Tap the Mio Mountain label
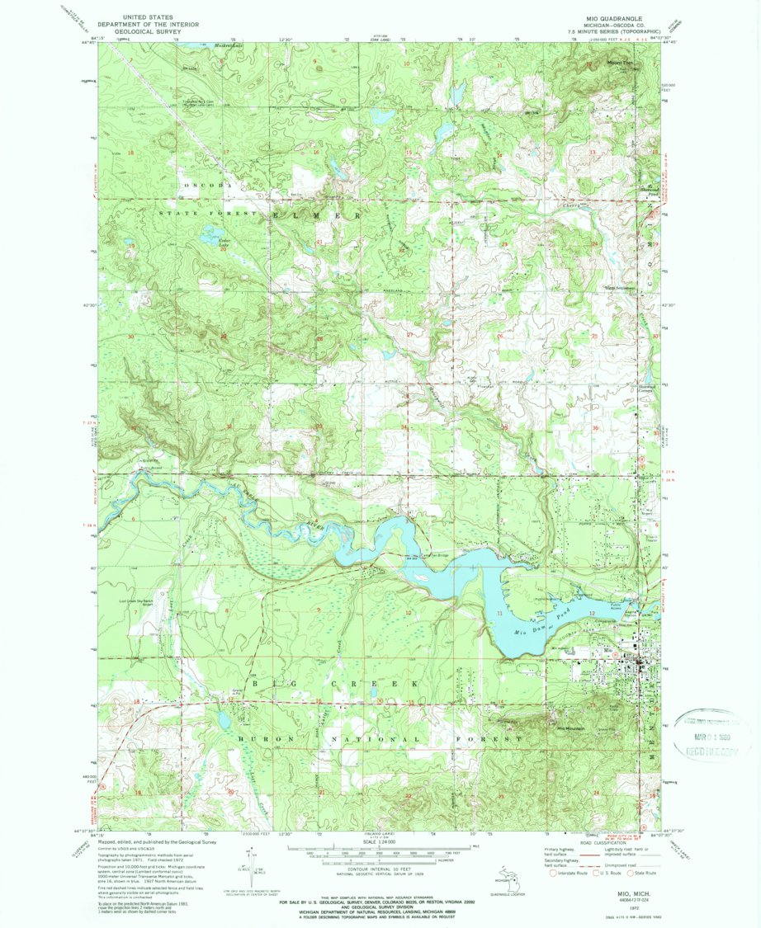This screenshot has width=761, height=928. tap(569, 729)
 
